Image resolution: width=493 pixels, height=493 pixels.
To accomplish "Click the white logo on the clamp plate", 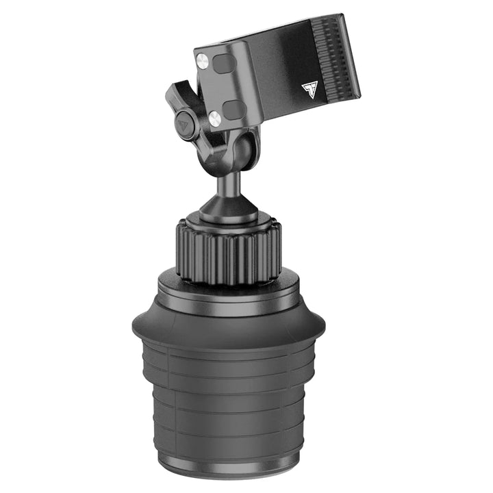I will pyautogui.click(x=309, y=90).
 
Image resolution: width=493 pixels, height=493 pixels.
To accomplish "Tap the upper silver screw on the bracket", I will pyautogui.click(x=202, y=62).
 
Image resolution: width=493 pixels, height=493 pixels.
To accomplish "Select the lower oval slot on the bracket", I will pyautogui.click(x=234, y=110).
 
